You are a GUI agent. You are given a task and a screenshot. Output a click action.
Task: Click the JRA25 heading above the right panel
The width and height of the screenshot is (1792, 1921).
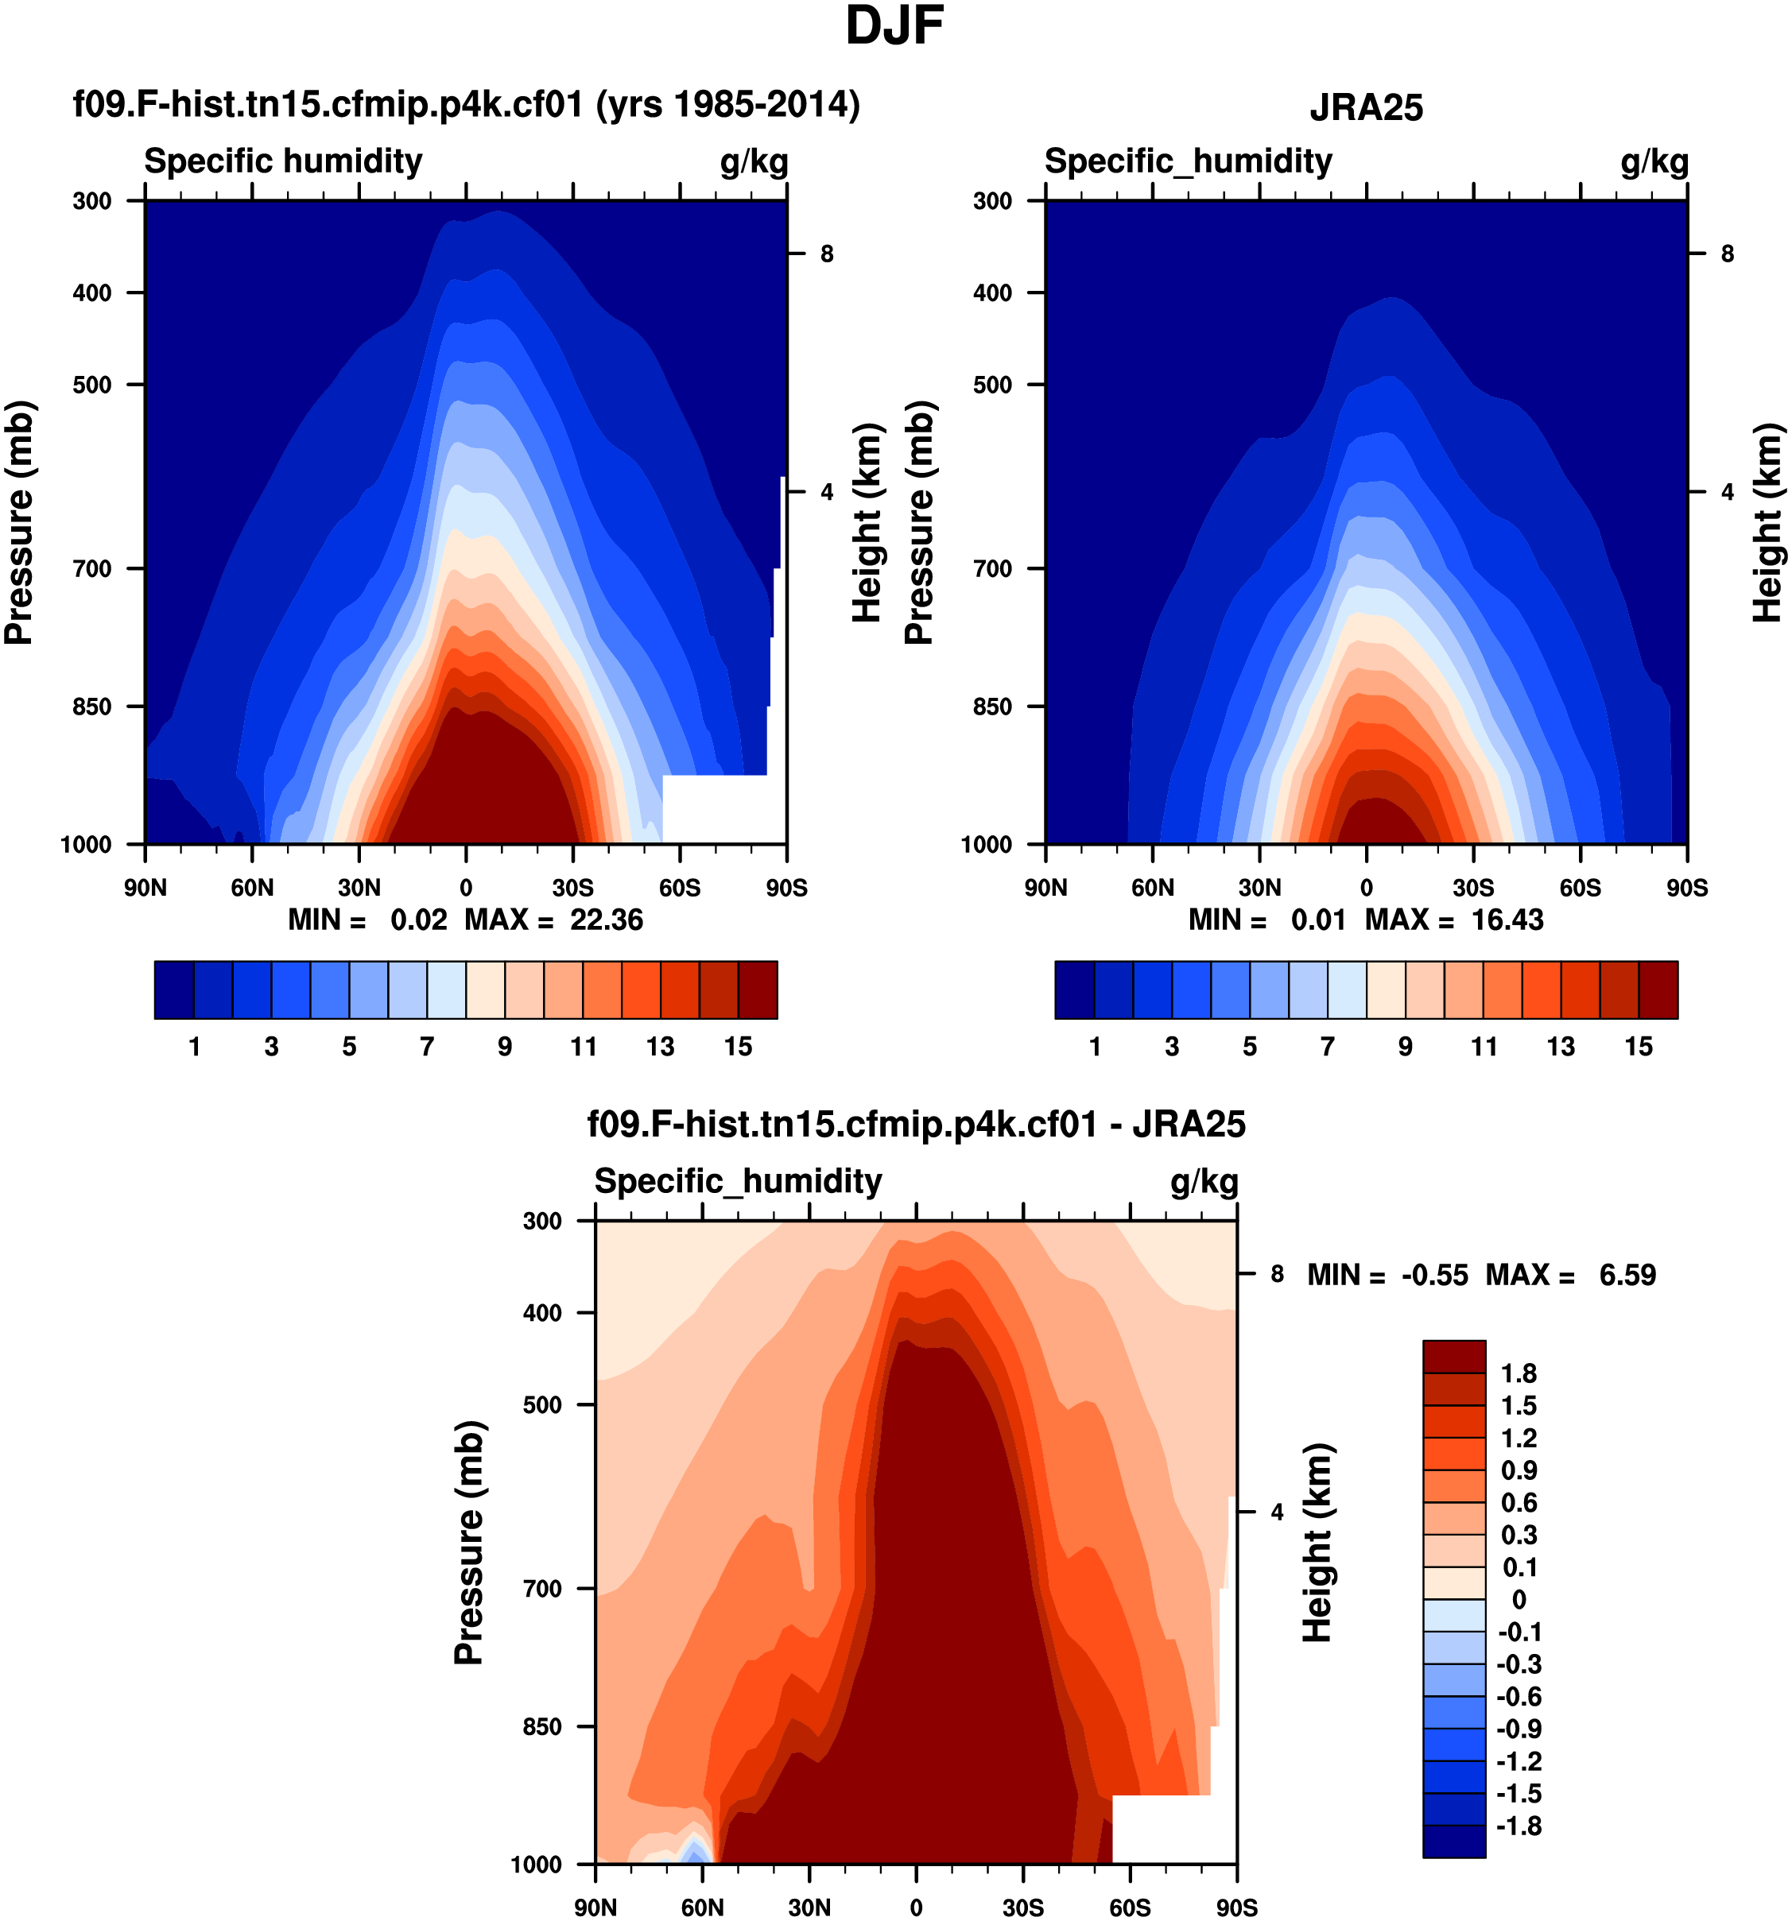click(1366, 107)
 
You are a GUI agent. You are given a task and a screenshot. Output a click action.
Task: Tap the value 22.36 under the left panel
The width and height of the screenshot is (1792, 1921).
click(606, 920)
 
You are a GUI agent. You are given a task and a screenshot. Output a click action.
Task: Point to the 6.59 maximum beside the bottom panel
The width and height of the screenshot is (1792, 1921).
click(1627, 1276)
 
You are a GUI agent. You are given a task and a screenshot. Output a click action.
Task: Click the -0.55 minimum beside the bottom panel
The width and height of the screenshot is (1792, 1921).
click(1434, 1276)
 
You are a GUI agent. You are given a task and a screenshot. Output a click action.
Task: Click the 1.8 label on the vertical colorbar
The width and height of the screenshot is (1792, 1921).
click(1519, 1374)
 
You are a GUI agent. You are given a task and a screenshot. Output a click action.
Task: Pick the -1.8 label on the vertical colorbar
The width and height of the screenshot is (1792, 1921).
click(1518, 1826)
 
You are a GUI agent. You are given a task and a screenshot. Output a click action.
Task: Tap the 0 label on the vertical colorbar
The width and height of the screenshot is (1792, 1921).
click(1519, 1600)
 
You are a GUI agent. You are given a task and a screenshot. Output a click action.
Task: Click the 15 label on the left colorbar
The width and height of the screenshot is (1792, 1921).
click(738, 1047)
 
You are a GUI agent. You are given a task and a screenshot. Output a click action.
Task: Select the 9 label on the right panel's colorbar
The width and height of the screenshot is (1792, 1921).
click(1406, 1047)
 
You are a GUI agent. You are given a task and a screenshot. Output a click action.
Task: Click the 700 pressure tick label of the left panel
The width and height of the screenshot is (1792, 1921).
click(93, 569)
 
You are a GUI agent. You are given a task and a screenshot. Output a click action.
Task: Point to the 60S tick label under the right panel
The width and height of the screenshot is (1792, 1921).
click(1581, 888)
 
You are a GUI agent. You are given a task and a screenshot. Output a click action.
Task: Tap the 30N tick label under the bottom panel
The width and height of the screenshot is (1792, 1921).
click(809, 1907)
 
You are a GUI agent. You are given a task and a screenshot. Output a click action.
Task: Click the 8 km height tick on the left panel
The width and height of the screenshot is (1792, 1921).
click(826, 254)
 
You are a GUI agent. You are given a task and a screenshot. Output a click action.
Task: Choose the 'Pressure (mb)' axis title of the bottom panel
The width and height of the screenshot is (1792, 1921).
click(469, 1543)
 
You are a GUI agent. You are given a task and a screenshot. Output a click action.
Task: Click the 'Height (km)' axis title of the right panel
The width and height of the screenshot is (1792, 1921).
click(1767, 522)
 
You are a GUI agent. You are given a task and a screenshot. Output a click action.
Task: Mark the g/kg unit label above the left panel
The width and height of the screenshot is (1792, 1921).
click(754, 161)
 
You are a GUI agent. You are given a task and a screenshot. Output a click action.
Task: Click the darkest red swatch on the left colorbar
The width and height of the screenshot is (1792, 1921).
click(758, 990)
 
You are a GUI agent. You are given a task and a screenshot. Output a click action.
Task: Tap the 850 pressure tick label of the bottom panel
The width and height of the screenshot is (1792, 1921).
click(542, 1727)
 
